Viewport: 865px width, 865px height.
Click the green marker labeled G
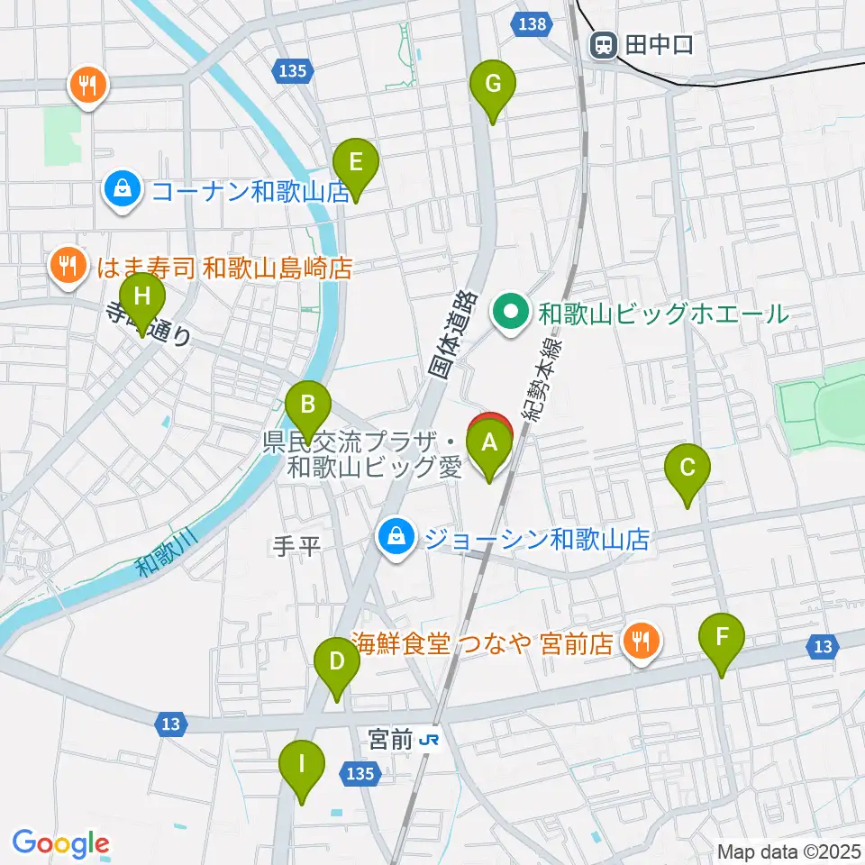tap(493, 86)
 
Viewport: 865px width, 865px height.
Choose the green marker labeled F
tap(722, 639)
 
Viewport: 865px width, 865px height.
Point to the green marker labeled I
tap(301, 767)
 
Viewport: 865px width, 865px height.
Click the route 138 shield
tap(533, 24)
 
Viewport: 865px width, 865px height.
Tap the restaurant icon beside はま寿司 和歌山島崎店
tap(66, 267)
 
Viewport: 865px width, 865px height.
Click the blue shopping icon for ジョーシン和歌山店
tap(395, 538)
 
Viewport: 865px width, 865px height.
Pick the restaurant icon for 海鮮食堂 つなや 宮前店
tap(641, 642)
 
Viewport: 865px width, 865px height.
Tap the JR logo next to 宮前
tap(431, 740)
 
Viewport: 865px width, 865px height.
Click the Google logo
tap(60, 842)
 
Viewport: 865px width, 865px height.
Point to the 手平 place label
tap(296, 545)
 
